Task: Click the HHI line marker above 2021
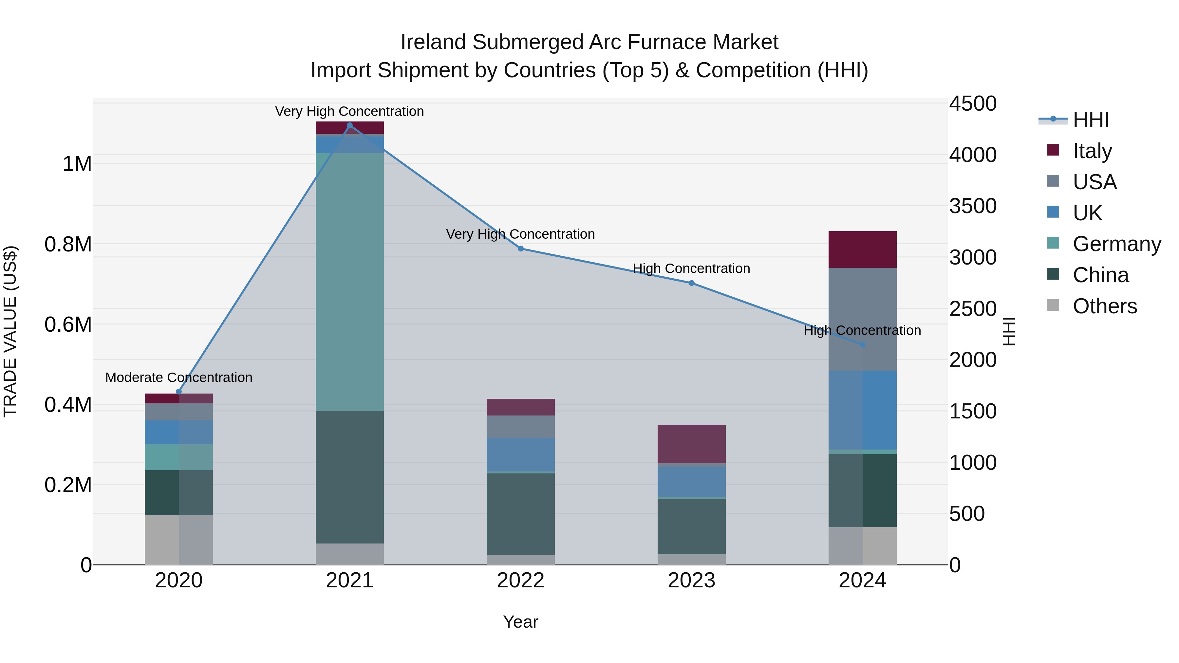pyautogui.click(x=350, y=125)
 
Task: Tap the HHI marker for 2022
pyautogui.click(x=520, y=249)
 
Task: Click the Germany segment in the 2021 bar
pyautogui.click(x=350, y=281)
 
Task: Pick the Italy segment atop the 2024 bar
pyautogui.click(x=862, y=249)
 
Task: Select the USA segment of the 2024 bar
pyautogui.click(x=862, y=319)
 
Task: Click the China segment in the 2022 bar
pyautogui.click(x=520, y=514)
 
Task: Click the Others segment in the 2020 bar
pyautogui.click(x=178, y=540)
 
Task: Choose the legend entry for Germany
pyautogui.click(x=1117, y=244)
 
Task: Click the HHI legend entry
pyautogui.click(x=1091, y=120)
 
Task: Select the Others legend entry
pyautogui.click(x=1104, y=306)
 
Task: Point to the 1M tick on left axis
pyautogui.click(x=77, y=164)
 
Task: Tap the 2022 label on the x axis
pyautogui.click(x=520, y=580)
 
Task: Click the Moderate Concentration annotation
pyautogui.click(x=178, y=378)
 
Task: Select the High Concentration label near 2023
pyautogui.click(x=691, y=268)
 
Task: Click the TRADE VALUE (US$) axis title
pyautogui.click(x=10, y=331)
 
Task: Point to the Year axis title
pyautogui.click(x=520, y=622)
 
